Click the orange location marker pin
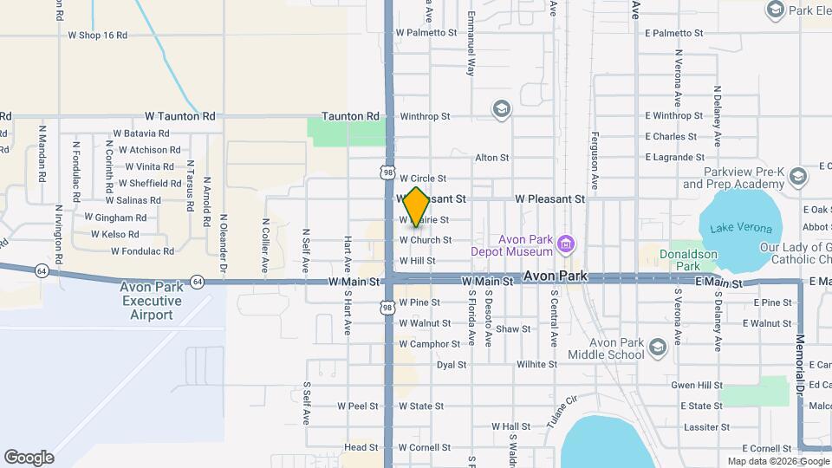pyautogui.click(x=417, y=206)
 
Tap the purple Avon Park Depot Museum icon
pyautogui.click(x=566, y=245)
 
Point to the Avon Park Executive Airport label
pyautogui.click(x=152, y=301)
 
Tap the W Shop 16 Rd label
pyautogui.click(x=97, y=36)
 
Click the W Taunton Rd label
pyautogui.click(x=180, y=115)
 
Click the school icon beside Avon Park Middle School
pyautogui.click(x=657, y=348)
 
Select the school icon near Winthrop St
pyautogui.click(x=500, y=108)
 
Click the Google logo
pyautogui.click(x=29, y=457)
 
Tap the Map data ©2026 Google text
pyautogui.click(x=777, y=461)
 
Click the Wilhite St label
pyautogui.click(x=536, y=365)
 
